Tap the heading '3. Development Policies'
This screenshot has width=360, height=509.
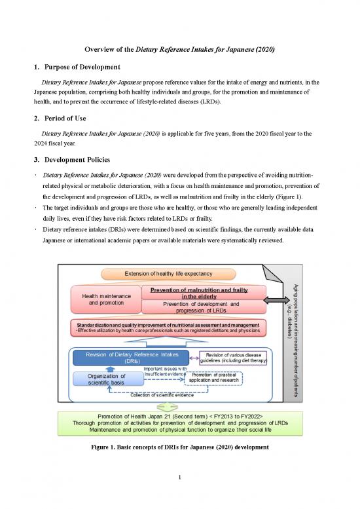tap(70, 160)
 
